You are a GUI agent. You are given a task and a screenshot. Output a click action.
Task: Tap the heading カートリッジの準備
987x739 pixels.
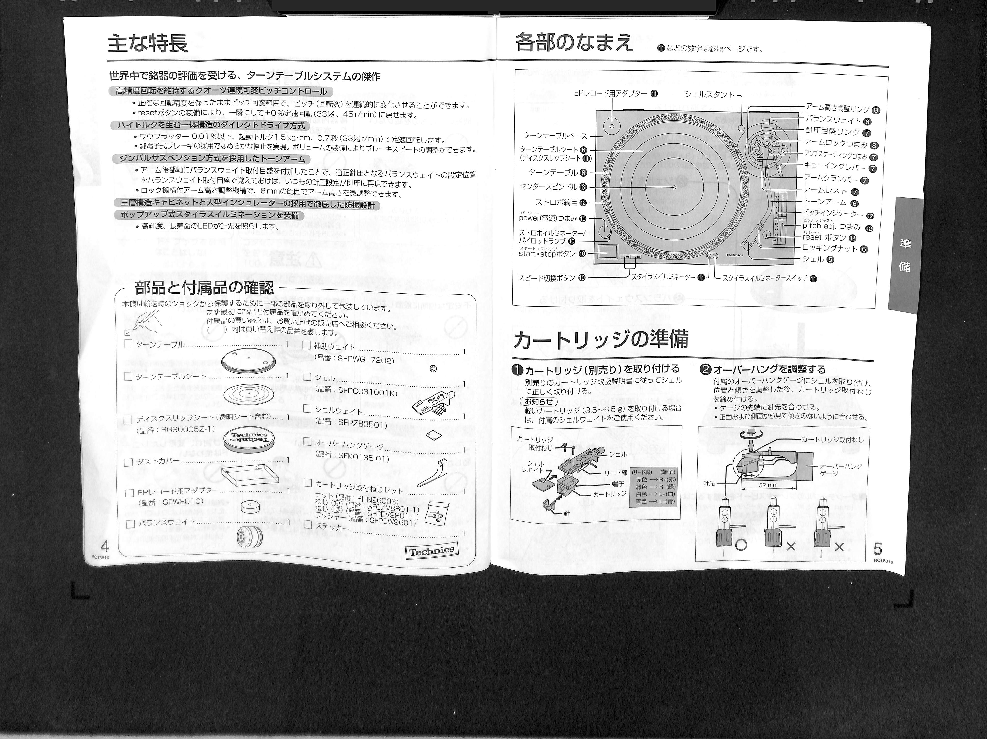click(600, 339)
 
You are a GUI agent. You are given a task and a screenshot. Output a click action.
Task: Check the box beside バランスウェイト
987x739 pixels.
click(130, 524)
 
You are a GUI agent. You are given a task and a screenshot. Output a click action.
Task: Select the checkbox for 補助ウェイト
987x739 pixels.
click(307, 345)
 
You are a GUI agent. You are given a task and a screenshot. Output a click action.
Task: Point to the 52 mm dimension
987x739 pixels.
click(768, 485)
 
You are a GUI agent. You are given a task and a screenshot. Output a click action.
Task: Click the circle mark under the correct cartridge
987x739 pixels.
click(741, 546)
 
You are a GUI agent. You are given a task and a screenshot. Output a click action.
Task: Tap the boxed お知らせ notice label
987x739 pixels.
click(538, 401)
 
